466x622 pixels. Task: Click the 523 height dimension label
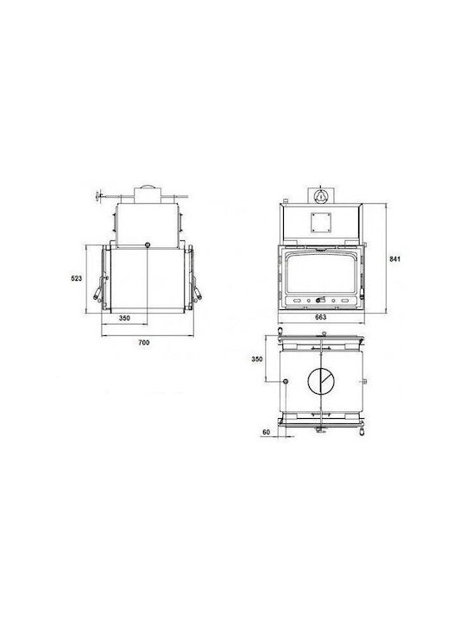(77, 278)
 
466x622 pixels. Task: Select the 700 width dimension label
(144, 343)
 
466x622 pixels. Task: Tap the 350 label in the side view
(124, 318)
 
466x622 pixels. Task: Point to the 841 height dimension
(395, 259)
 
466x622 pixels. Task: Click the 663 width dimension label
(320, 317)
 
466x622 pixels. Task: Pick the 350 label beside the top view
(257, 359)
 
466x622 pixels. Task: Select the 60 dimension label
(266, 432)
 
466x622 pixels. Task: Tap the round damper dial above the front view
(320, 195)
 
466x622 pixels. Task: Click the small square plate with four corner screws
(320, 222)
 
